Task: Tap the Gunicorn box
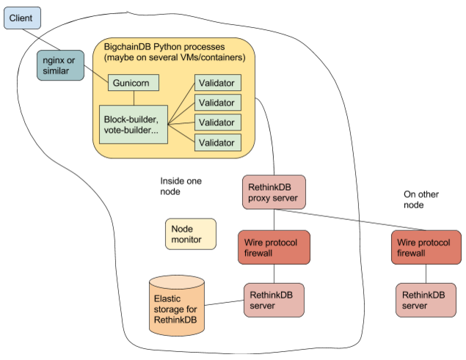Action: pyautogui.click(x=133, y=83)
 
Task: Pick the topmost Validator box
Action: pyautogui.click(x=217, y=83)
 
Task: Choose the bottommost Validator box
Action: pyautogui.click(x=217, y=142)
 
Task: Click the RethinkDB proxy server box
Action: pyautogui.click(x=274, y=191)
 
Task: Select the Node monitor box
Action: pyautogui.click(x=190, y=234)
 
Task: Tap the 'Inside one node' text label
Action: pyautogui.click(x=181, y=185)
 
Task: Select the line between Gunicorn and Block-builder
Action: pyautogui.click(x=133, y=98)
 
